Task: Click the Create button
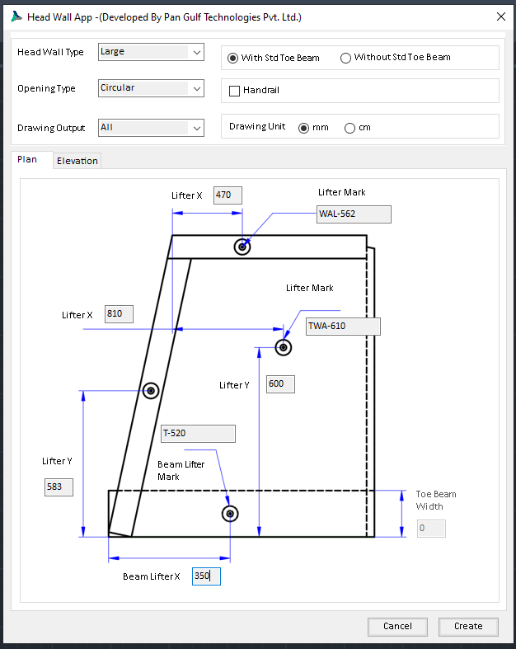pyautogui.click(x=468, y=626)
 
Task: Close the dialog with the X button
pyautogui.click(x=500, y=16)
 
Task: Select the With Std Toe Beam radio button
pyautogui.click(x=233, y=58)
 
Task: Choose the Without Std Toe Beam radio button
pyautogui.click(x=345, y=58)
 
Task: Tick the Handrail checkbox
pyautogui.click(x=235, y=91)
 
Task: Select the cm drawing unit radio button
pyautogui.click(x=349, y=128)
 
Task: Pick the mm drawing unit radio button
pyautogui.click(x=303, y=128)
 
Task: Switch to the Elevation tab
pyautogui.click(x=77, y=161)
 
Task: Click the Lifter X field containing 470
pyautogui.click(x=227, y=195)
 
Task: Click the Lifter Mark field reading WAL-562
pyautogui.click(x=354, y=214)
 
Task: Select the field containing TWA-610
pyautogui.click(x=343, y=327)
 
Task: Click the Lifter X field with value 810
pyautogui.click(x=119, y=314)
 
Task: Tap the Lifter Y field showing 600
pyautogui.click(x=280, y=384)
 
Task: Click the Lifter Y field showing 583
pyautogui.click(x=59, y=487)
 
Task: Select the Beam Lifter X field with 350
pyautogui.click(x=206, y=576)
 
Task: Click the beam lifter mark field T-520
pyautogui.click(x=198, y=434)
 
